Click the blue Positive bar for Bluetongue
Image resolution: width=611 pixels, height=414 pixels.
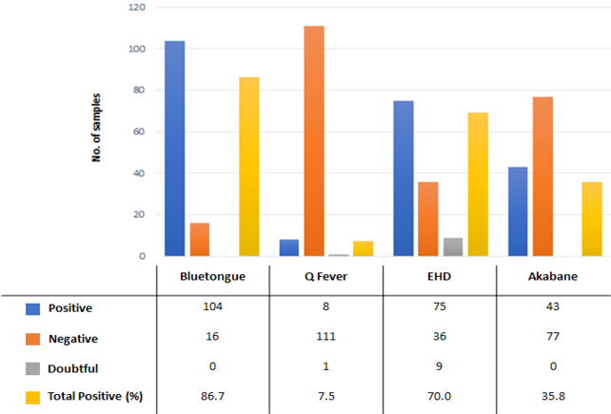[174, 148]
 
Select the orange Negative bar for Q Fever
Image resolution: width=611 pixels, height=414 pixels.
[314, 141]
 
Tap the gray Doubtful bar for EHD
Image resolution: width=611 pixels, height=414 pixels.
[453, 246]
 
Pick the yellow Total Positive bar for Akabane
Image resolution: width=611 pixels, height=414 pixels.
[592, 219]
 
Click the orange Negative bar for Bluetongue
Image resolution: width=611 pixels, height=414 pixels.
[200, 239]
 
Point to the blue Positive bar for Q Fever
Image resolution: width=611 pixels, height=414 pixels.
[289, 247]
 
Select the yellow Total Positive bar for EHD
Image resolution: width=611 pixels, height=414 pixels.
[478, 185]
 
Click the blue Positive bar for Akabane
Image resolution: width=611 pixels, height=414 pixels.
[518, 211]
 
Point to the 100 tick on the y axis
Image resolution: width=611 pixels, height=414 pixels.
[137, 49]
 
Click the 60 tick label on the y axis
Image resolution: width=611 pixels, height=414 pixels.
[139, 131]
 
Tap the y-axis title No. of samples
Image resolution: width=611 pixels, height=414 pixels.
[96, 128]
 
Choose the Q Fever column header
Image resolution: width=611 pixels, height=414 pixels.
[325, 276]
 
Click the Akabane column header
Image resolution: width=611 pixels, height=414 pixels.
[553, 276]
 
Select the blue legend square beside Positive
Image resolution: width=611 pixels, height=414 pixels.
[32, 309]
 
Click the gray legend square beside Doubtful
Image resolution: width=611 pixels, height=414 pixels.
[32, 368]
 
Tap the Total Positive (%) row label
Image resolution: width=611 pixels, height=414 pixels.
[95, 397]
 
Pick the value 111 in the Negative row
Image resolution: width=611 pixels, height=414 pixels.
[325, 336]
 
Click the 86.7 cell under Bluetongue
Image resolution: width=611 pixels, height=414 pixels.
[213, 397]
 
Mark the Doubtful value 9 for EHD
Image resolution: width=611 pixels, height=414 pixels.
[439, 366]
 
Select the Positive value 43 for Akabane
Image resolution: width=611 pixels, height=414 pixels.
[553, 306]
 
